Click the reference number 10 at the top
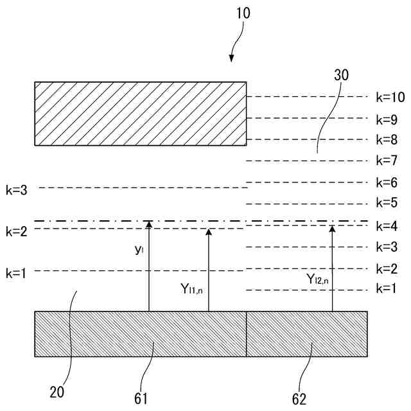click(x=243, y=13)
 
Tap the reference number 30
click(x=342, y=75)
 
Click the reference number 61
click(x=141, y=398)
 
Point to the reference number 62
click(x=299, y=398)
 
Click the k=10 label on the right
click(x=390, y=98)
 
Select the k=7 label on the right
click(x=387, y=161)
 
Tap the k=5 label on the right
click(x=387, y=204)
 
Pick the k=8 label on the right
click(x=387, y=139)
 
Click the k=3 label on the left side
click(x=17, y=191)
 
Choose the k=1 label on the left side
click(x=17, y=274)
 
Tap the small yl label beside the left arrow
click(x=138, y=250)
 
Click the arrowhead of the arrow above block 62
click(x=332, y=227)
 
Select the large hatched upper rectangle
click(x=140, y=114)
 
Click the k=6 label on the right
click(x=387, y=182)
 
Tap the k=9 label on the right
click(x=387, y=119)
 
